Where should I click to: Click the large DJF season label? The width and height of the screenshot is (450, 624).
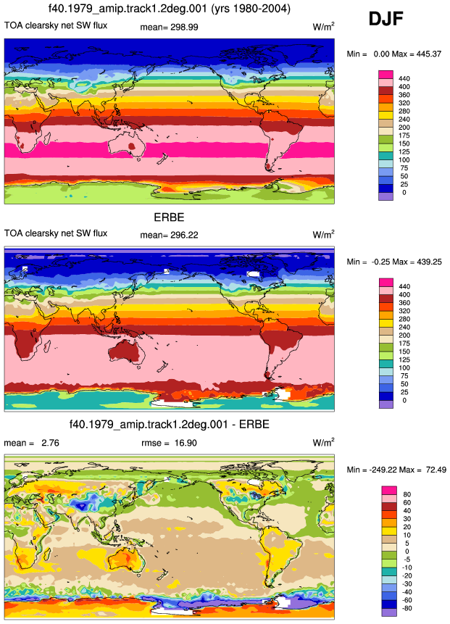386,19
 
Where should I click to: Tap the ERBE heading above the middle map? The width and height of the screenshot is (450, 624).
169,217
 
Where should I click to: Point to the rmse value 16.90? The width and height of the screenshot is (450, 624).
186,443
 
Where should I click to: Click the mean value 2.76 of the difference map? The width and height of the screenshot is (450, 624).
50,443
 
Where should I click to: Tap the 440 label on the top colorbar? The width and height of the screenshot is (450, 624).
404,79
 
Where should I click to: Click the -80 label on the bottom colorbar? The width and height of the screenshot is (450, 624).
407,608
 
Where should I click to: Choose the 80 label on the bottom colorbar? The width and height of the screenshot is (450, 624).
407,494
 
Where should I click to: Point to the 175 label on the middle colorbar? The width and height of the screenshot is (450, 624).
404,344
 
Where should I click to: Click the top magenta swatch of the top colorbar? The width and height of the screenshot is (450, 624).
386,75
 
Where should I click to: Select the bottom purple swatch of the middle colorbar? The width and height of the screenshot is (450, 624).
386,404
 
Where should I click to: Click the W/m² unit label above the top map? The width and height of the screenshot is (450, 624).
323,27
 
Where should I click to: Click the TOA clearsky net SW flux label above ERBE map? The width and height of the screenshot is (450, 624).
56,233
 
